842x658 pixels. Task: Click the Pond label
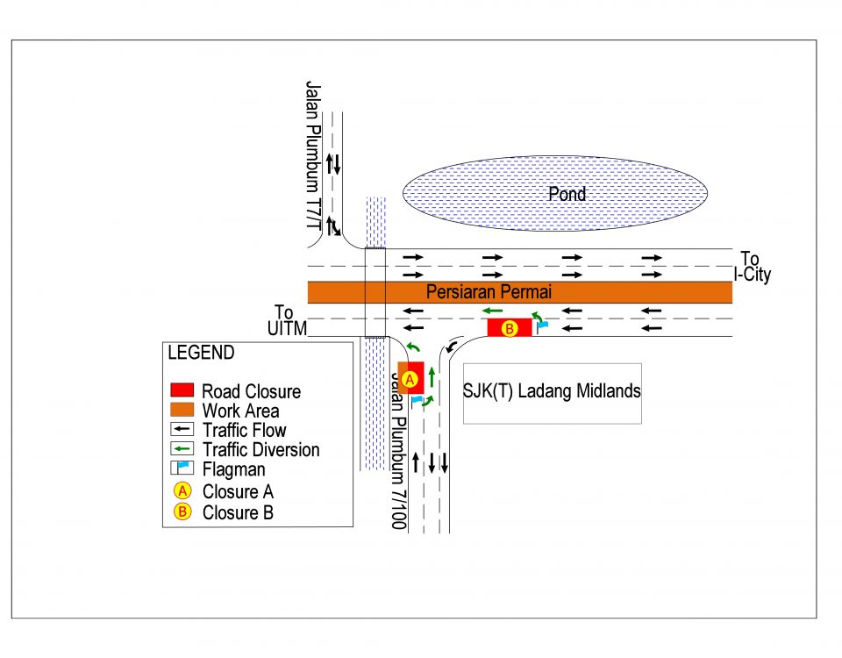567,194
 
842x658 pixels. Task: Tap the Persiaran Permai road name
489,292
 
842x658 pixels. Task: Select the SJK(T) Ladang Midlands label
552,391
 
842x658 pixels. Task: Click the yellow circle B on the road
510,328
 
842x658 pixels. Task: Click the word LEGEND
201,353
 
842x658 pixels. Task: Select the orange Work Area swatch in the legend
182,410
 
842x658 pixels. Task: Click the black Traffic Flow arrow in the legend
182,430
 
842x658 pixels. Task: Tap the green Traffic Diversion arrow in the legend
182,450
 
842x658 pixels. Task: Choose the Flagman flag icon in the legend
182,469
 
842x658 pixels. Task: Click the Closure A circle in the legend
182,491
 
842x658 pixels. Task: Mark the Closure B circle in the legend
182,512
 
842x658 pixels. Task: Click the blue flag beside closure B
543,325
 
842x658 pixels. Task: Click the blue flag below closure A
417,401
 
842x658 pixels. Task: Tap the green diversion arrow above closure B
491,310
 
